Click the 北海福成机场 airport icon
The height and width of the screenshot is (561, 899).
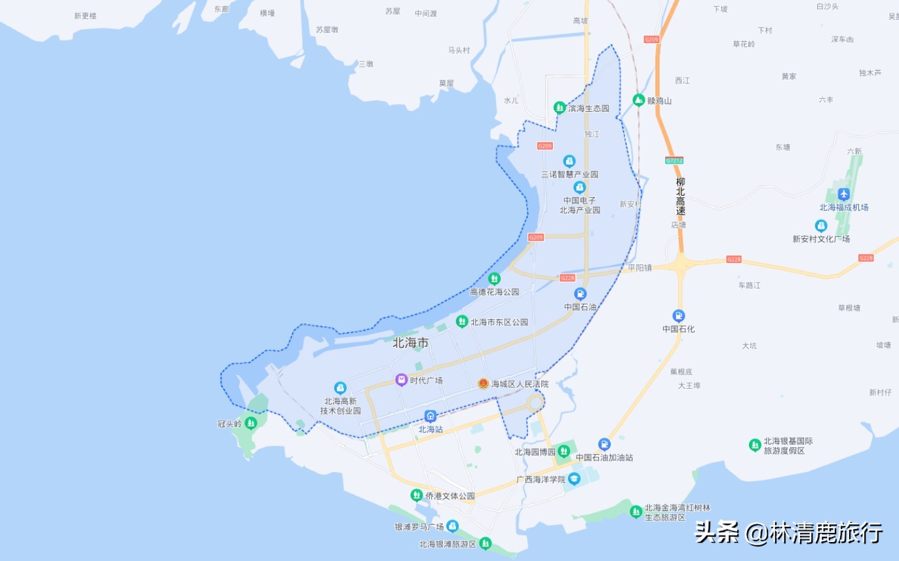coord(844,194)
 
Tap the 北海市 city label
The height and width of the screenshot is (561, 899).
coord(411,343)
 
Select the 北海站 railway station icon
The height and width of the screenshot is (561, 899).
coord(430,416)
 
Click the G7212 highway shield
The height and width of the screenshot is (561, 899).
coord(674,160)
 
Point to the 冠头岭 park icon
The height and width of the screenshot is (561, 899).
coord(250,422)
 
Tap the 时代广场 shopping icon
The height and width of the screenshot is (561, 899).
coord(401,380)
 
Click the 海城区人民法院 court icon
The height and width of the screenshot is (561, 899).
coord(484,384)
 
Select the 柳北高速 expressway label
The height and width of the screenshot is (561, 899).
coord(681,196)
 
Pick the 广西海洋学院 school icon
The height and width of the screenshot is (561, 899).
coord(574,479)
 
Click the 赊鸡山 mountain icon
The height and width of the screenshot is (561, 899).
coord(638,100)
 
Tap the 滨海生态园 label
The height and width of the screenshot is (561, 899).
coord(588,108)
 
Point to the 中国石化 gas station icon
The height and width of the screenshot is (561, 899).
coord(678,316)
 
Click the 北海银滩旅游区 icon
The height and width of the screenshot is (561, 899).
coord(485,543)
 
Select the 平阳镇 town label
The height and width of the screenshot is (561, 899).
coord(640,268)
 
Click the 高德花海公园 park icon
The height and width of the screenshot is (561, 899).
coord(495,279)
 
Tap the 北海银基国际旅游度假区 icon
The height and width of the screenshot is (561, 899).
coord(755,445)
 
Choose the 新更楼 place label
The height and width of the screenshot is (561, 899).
coord(85,16)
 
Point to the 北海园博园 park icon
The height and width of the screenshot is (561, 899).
coord(564,452)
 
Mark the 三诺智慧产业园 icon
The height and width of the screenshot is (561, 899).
coord(569,161)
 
